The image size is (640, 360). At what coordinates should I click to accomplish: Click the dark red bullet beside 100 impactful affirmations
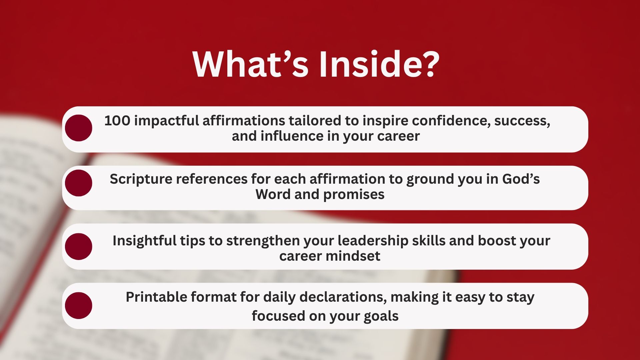click(79, 128)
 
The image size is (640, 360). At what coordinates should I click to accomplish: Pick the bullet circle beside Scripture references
click(79, 183)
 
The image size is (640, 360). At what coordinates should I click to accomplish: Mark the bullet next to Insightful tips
click(79, 246)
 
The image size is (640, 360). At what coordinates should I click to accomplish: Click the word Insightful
click(145, 241)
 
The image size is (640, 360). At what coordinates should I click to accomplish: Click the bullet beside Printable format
click(79, 306)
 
